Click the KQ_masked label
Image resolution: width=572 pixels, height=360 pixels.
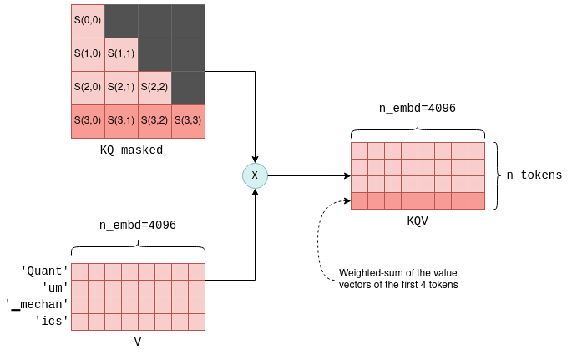click(129, 151)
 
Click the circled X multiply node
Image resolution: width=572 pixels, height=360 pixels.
click(254, 175)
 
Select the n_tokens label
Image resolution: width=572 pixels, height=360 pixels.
click(534, 175)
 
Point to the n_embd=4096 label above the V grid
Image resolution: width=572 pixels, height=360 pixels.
click(138, 226)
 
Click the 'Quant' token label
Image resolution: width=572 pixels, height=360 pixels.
click(44, 271)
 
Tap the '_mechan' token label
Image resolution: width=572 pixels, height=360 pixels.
click(36, 304)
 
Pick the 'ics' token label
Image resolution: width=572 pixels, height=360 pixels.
click(50, 321)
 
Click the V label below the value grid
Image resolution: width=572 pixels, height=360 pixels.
click(138, 342)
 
